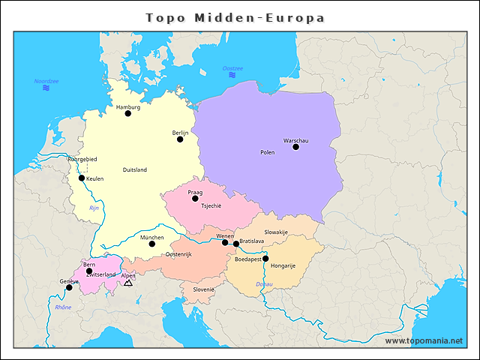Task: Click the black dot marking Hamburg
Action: (127, 114)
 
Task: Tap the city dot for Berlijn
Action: (180, 139)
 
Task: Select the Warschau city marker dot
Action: (295, 147)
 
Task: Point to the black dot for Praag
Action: (195, 199)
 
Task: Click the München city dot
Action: (151, 244)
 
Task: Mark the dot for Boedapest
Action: (265, 259)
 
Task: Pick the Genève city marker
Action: (69, 287)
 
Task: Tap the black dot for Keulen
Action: (82, 178)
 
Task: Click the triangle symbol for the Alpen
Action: (128, 283)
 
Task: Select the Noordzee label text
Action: (46, 81)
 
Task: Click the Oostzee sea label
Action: (232, 68)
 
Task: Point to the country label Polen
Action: (267, 152)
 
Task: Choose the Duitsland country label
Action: (135, 169)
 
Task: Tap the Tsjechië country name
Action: (211, 205)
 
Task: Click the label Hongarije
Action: (283, 265)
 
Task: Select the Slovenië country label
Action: (204, 289)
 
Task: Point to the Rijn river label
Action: (94, 208)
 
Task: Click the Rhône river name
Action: (63, 307)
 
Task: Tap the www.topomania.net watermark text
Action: (424, 340)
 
